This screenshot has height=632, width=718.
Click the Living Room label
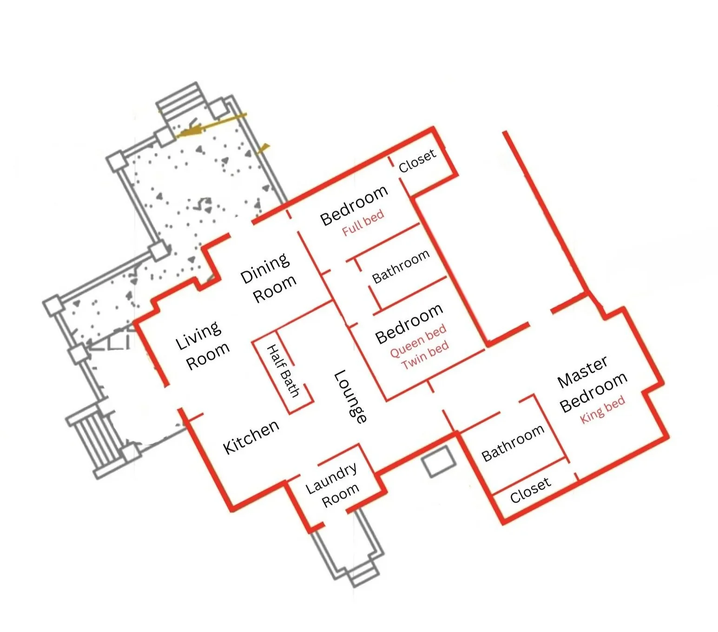click(203, 346)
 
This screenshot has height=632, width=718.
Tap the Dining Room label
click(268, 278)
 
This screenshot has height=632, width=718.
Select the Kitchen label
click(251, 437)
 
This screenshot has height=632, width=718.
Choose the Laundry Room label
click(332, 486)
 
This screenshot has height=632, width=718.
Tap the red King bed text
click(602, 409)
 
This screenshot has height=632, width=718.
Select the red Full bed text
click(363, 223)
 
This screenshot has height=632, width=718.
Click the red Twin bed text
click(425, 355)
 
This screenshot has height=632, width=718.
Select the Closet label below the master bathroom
click(530, 490)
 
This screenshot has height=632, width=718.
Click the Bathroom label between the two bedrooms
click(401, 266)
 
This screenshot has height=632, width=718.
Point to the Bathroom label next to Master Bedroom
click(512, 442)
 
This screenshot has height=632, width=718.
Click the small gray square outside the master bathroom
click(438, 461)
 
